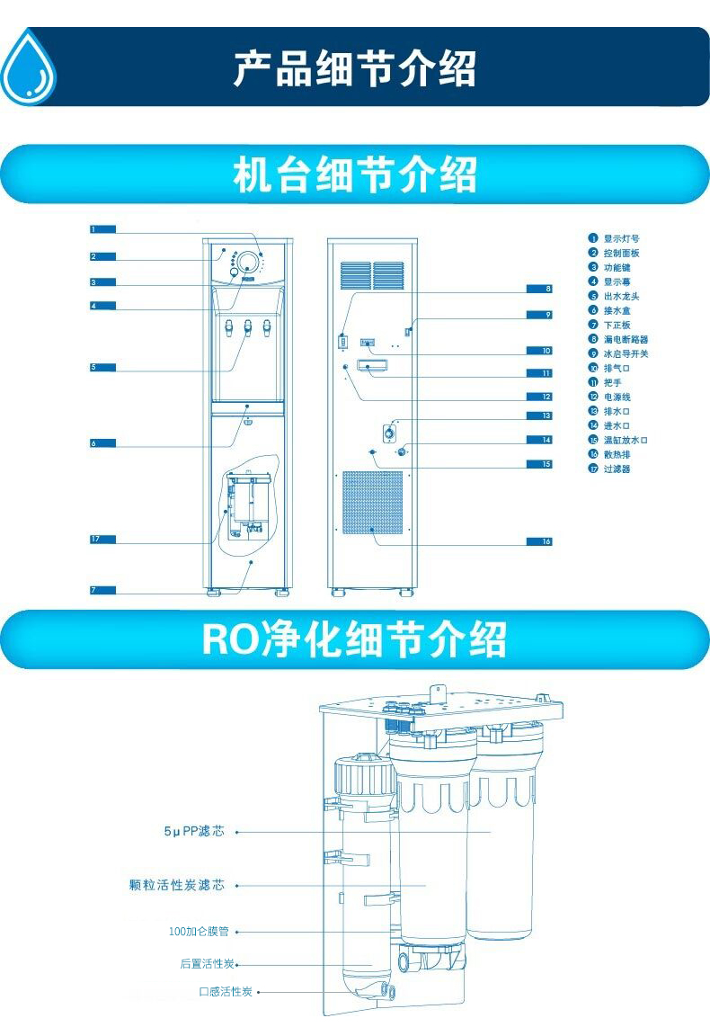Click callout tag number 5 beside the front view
coord(102,367)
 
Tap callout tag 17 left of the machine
coord(102,539)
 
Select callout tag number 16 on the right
coord(539,541)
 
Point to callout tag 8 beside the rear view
coord(539,289)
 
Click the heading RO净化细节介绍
coord(354,639)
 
